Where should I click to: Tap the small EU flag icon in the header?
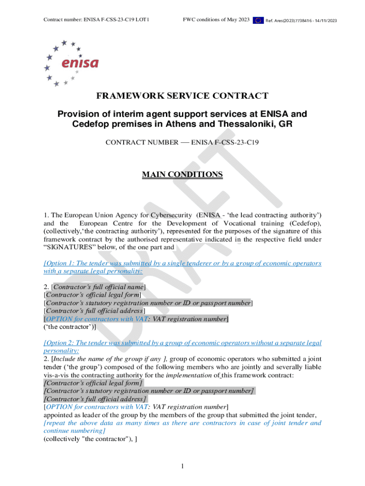tap(258, 20)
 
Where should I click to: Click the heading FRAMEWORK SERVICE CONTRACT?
tap(182, 96)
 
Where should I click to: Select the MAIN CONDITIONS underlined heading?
tap(182, 175)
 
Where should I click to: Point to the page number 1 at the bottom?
tap(182, 467)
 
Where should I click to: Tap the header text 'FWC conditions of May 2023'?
tap(216, 20)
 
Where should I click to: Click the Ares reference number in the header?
tap(301, 21)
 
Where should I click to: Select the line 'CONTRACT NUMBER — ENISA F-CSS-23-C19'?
tap(182, 142)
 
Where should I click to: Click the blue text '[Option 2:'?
tap(60, 343)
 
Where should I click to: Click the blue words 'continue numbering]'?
tap(74, 431)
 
